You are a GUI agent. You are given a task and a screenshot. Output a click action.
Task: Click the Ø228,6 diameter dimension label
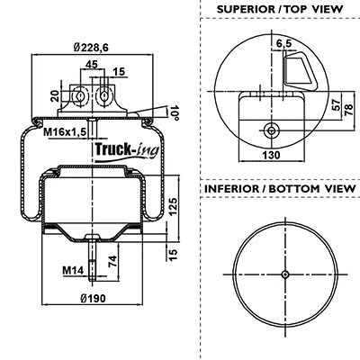point(91,48)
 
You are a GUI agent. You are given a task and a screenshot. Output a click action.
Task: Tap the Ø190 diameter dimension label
point(93,298)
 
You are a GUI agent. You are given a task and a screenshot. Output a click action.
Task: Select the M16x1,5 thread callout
point(65,131)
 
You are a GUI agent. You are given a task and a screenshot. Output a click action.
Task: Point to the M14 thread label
point(73,270)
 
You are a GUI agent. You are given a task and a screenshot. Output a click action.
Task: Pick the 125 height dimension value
point(173,206)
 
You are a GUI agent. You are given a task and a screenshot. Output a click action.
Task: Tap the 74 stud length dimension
point(112,261)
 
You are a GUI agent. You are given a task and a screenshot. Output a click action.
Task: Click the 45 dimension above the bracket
point(92,64)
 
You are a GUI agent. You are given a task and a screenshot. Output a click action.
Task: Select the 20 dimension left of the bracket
point(55,96)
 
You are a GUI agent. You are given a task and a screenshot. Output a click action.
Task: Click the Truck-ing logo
point(127,151)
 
